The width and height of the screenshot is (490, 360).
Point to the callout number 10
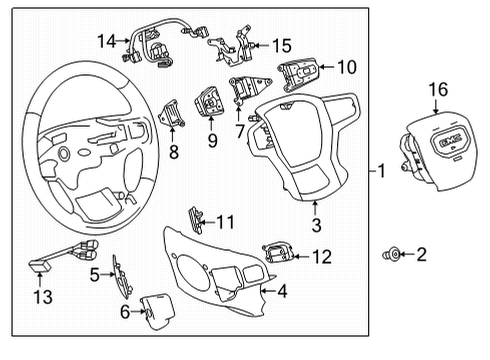pos(346,67)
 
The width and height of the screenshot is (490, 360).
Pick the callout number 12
pos(320,256)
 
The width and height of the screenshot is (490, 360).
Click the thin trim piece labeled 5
pos(121,274)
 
